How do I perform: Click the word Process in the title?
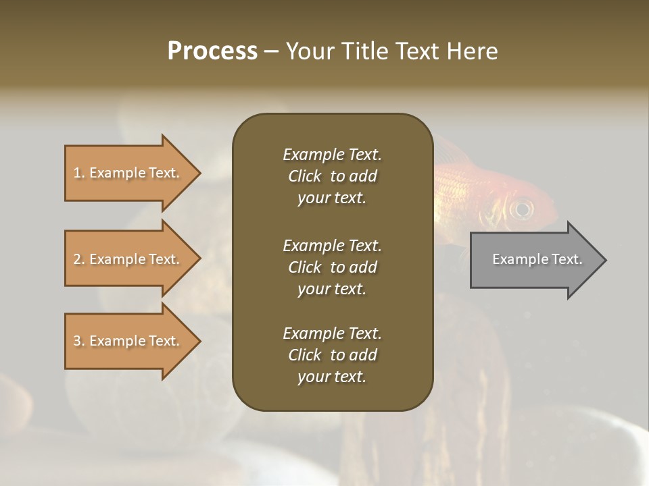click(212, 51)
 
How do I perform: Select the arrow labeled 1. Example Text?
click(128, 173)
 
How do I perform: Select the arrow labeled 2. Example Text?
click(128, 259)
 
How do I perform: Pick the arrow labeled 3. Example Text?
click(128, 341)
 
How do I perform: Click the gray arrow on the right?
click(534, 259)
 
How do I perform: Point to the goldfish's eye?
click(521, 209)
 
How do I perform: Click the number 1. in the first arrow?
click(79, 173)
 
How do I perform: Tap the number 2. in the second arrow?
click(79, 259)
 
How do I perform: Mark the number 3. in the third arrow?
click(79, 341)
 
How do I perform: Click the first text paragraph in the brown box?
click(332, 176)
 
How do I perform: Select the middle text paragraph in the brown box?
click(332, 267)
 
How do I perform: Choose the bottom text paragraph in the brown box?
click(332, 355)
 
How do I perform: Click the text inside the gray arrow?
click(537, 259)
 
